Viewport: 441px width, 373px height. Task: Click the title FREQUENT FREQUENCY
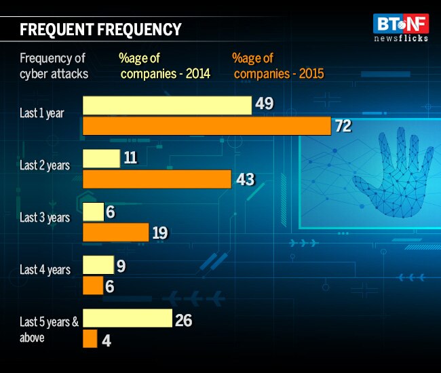point(100,29)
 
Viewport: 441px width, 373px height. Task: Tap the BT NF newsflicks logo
point(400,28)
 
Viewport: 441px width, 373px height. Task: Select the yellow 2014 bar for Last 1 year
point(167,105)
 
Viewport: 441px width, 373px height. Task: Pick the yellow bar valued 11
point(101,159)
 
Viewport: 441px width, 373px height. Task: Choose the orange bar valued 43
point(157,179)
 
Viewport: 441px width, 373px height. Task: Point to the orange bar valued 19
point(115,232)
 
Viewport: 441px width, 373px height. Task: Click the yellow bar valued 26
point(127,318)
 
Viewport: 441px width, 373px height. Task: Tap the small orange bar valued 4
point(90,338)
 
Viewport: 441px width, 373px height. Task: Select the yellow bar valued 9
point(98,264)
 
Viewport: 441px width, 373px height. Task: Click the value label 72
point(343,126)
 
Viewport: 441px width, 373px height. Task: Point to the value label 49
point(264,104)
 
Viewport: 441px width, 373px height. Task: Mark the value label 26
point(183,319)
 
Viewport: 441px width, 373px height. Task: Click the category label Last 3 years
point(45,218)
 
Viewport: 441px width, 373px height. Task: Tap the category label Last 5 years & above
point(45,329)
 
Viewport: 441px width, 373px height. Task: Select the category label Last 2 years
point(45,165)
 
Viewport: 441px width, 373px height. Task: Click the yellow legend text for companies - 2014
point(165,66)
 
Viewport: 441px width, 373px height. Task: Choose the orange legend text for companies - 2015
point(277,66)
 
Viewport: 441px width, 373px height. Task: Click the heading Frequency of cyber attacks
point(54,66)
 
